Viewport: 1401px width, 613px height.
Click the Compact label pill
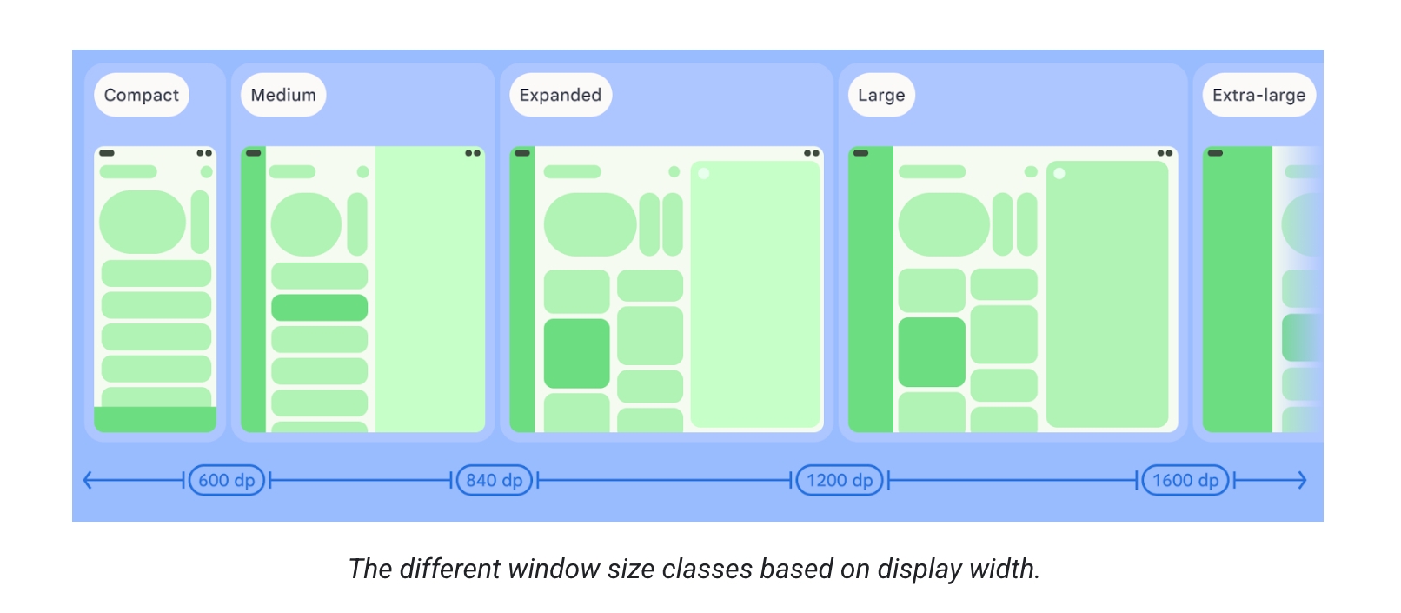click(141, 95)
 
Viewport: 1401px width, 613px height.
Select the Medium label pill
click(283, 95)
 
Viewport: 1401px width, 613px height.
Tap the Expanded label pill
click(560, 95)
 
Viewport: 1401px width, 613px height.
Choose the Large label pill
click(880, 95)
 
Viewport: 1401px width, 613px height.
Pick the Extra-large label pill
click(1258, 95)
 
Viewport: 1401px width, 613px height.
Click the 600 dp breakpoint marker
click(227, 480)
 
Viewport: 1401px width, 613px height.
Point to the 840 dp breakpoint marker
click(494, 480)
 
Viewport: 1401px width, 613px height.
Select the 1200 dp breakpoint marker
click(840, 480)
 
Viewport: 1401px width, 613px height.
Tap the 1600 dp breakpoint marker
click(1185, 480)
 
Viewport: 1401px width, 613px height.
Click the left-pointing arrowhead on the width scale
click(87, 480)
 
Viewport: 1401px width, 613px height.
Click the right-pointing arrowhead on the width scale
click(1302, 480)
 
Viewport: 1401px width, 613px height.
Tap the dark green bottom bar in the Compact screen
click(155, 419)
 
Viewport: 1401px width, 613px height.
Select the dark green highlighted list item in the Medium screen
click(319, 308)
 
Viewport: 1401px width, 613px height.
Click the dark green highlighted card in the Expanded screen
click(577, 353)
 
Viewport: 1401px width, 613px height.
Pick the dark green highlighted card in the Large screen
click(932, 352)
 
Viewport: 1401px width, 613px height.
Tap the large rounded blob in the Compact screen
click(143, 222)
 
